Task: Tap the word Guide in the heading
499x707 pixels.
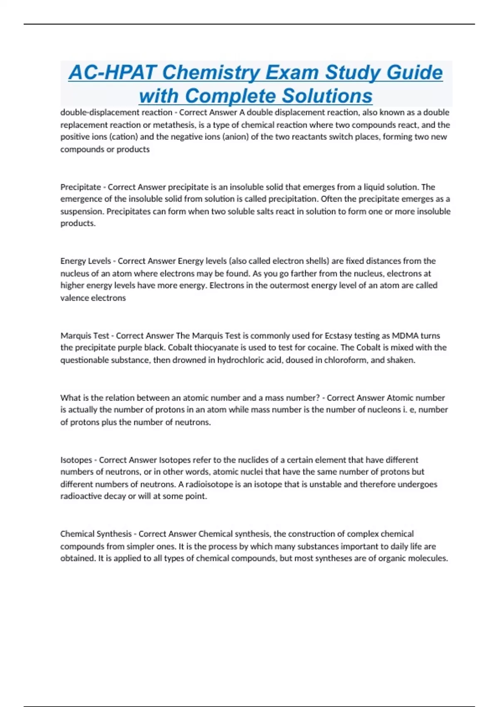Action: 414,72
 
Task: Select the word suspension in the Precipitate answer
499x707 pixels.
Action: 82,211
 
